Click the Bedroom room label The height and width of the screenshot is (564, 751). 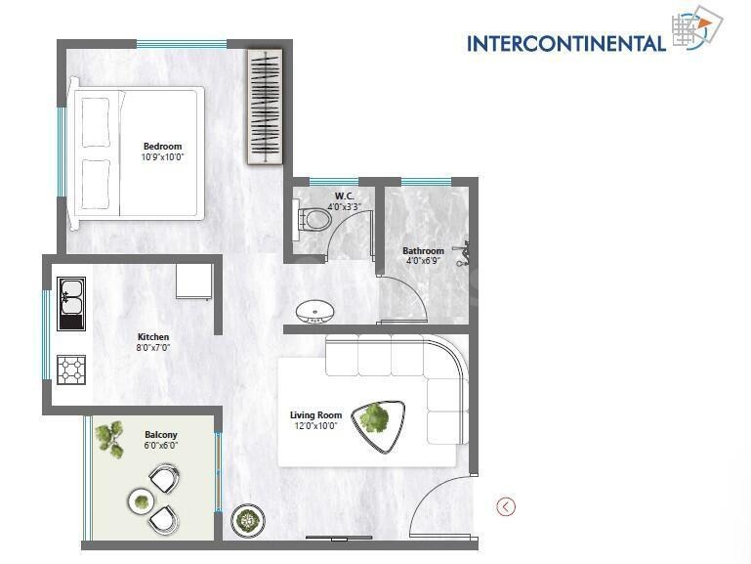[x=163, y=147]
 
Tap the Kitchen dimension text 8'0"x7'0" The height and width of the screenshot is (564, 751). [x=152, y=347]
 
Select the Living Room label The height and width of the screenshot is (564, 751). [x=313, y=414]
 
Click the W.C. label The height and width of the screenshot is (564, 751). [x=344, y=195]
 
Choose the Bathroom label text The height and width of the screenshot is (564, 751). [x=423, y=251]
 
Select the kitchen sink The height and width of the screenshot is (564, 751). [x=70, y=303]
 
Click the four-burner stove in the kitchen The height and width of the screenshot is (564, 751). [x=71, y=369]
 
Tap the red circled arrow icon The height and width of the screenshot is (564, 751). [x=506, y=505]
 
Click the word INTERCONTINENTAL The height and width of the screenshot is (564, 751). [x=566, y=43]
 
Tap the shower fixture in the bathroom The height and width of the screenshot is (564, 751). [x=466, y=256]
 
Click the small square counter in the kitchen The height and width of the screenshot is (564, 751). [x=194, y=282]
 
